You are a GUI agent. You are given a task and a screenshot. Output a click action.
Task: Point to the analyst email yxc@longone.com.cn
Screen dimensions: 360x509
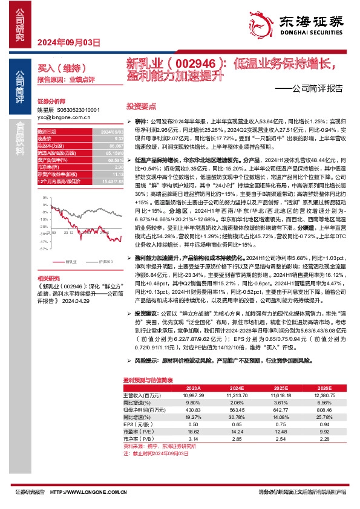59,118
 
